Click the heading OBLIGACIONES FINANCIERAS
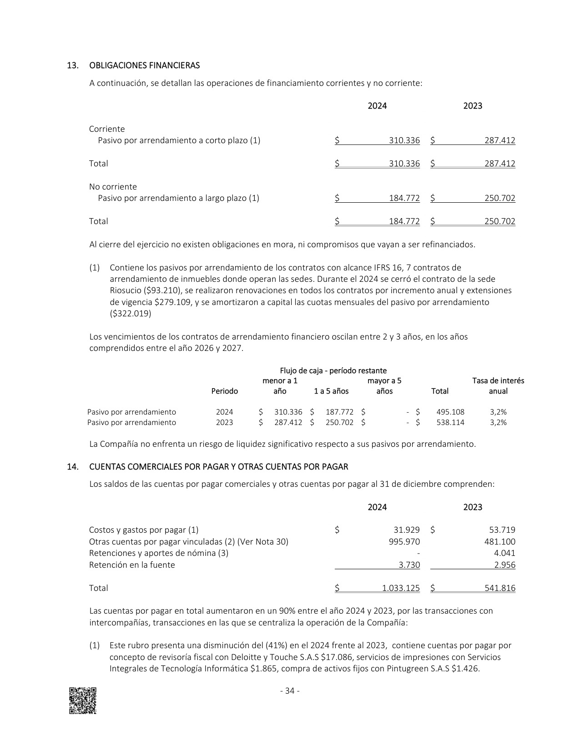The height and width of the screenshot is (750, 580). pos(144,65)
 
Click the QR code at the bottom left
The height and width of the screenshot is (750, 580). pos(82,700)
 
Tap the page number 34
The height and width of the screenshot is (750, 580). pos(290,691)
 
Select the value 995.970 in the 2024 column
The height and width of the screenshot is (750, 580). pos(404,541)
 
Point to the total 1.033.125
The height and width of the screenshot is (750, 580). pos(401,588)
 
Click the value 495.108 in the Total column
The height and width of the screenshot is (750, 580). pos(450,412)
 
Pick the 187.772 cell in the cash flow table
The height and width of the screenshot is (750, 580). pos(339,412)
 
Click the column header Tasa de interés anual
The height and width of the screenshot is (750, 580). pos(498,386)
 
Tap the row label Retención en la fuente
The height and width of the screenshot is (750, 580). pos(132,565)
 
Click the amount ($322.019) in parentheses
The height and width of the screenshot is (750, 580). pos(131,313)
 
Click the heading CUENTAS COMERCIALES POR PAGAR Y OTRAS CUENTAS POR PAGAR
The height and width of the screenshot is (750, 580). pos(218,467)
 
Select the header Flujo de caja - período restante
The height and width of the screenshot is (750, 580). pos(333,370)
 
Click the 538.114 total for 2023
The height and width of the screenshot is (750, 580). pos(450,422)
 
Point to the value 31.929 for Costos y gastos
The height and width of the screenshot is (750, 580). pos(406,530)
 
